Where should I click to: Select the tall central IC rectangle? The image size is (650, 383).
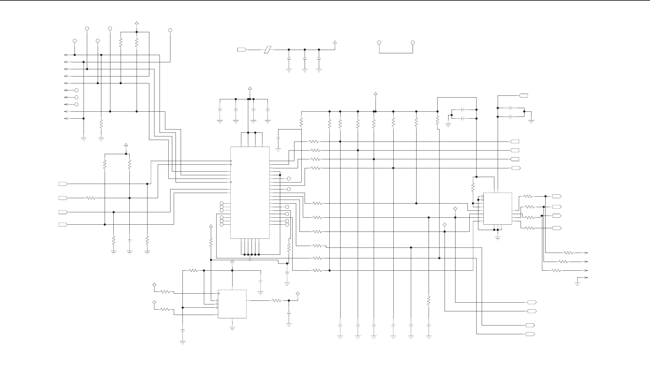[250, 193]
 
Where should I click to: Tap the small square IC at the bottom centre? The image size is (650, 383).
[232, 304]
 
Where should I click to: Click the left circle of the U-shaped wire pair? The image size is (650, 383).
[379, 43]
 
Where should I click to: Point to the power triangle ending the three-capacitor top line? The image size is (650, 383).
[335, 42]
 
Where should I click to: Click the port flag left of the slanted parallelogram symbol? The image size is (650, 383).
[242, 49]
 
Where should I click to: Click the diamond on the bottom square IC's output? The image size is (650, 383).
[298, 293]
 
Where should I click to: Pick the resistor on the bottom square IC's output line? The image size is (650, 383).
[277, 300]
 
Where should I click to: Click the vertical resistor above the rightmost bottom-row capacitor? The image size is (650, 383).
[429, 300]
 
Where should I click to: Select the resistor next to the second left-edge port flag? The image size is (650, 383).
[91, 198]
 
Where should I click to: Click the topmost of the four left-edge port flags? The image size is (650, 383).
[63, 184]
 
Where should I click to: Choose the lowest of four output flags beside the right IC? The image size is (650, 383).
[557, 228]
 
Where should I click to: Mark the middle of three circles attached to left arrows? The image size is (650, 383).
[76, 97]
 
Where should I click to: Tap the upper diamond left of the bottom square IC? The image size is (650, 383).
[154, 285]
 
